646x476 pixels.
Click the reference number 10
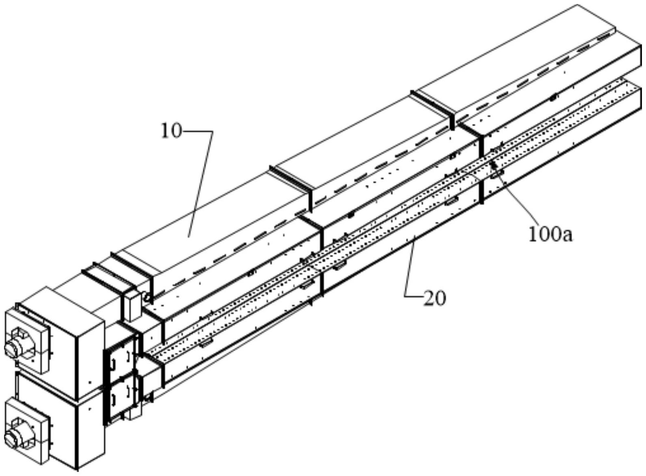pyautogui.click(x=171, y=131)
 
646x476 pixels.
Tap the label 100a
pyautogui.click(x=550, y=235)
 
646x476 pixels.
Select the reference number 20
pyautogui.click(x=435, y=298)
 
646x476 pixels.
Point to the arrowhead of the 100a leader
pyautogui.click(x=493, y=163)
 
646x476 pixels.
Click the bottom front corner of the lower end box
pyautogui.click(x=76, y=467)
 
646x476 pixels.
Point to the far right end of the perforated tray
pyautogui.click(x=634, y=83)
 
